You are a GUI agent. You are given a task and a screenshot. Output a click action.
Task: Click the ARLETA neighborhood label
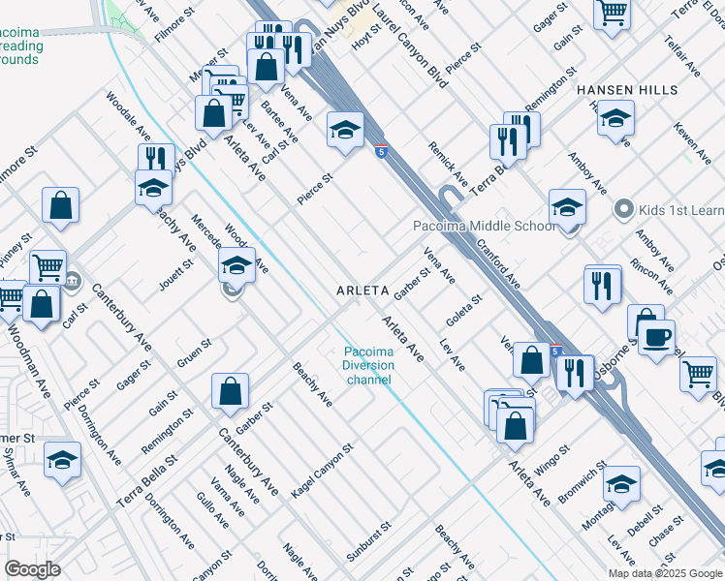[x=362, y=290]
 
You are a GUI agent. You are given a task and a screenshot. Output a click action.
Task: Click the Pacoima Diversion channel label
[x=368, y=365]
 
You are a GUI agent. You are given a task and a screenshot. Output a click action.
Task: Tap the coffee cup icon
[x=659, y=336]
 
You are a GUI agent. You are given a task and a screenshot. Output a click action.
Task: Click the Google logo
[x=33, y=568]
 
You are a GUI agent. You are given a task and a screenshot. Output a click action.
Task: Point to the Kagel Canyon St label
[x=324, y=471]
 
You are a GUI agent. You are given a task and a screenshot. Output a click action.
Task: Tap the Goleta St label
[x=464, y=313]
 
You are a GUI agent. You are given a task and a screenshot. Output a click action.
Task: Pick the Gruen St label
[x=194, y=353]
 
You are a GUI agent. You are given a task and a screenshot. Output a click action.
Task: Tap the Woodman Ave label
[x=32, y=345]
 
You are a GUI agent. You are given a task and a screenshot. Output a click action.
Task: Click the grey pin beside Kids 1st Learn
[x=624, y=209]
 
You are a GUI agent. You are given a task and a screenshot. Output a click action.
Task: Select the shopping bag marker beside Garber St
[x=231, y=391]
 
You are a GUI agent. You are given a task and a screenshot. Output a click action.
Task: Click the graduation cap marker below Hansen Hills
[x=615, y=119]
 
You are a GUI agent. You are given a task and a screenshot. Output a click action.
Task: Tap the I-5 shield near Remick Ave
[x=382, y=151]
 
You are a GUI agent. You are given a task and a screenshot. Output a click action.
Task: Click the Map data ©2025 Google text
[x=665, y=573]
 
